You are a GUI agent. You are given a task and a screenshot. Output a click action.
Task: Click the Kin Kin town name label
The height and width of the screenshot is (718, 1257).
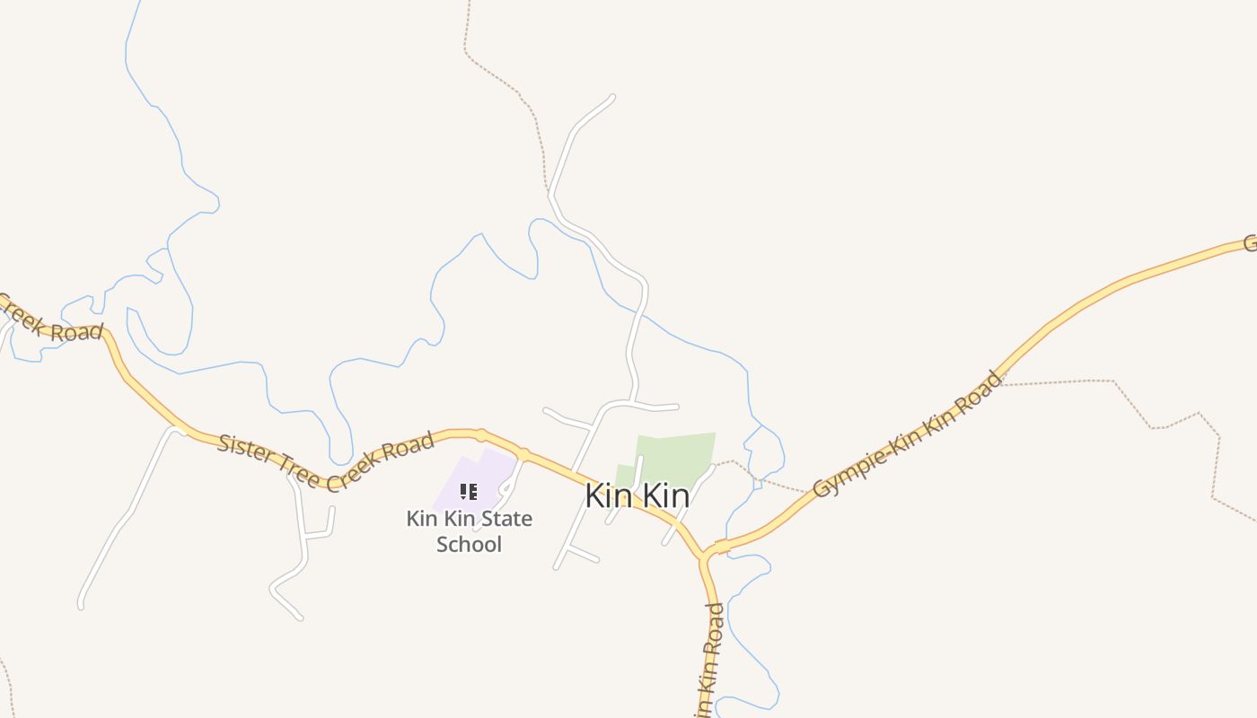click(637, 495)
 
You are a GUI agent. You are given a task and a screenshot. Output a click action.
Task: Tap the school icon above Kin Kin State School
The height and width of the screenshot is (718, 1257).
click(468, 491)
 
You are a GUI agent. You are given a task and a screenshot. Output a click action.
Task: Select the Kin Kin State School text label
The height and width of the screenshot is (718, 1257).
click(469, 531)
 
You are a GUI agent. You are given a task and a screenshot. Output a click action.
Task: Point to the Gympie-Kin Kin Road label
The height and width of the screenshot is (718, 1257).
click(908, 434)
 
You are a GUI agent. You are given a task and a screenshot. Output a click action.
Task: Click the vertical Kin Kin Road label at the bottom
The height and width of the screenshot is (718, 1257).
click(709, 660)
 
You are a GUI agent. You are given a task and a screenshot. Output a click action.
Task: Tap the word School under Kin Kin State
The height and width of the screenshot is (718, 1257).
click(469, 544)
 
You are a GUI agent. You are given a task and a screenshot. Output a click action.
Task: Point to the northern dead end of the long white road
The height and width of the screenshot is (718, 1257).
click(612, 97)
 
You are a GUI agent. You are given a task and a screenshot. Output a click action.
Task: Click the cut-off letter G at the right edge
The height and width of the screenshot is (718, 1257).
click(1250, 242)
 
